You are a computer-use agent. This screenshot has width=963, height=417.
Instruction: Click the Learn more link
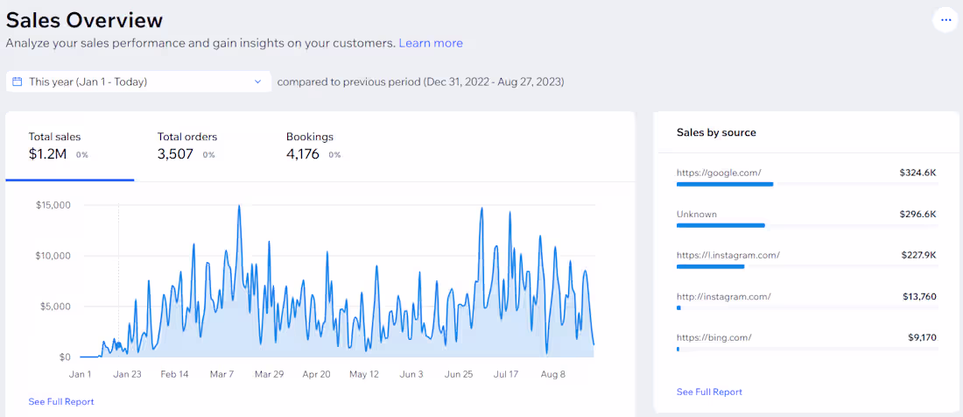pos(431,43)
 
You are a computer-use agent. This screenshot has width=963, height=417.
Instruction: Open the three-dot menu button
pos(945,20)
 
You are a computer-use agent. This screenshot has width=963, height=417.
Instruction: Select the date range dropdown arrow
pos(258,81)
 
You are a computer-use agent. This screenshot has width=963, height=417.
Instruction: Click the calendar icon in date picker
pos(18,81)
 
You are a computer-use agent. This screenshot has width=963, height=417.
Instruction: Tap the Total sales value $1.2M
pos(48,154)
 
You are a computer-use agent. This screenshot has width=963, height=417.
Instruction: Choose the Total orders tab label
pos(187,137)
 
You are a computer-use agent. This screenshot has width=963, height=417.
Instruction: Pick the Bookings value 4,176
pos(303,154)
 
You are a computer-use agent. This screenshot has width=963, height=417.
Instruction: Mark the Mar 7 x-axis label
pos(221,374)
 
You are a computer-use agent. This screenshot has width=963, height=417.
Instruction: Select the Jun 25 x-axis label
pos(458,374)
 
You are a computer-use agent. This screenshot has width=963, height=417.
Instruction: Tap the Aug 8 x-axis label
pos(552,374)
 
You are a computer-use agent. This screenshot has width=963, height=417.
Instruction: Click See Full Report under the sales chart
pos(60,401)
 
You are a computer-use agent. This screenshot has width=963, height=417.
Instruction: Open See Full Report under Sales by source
pos(709,392)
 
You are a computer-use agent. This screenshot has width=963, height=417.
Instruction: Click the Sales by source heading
pos(716,132)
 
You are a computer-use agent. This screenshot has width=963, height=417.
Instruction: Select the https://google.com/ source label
pos(719,173)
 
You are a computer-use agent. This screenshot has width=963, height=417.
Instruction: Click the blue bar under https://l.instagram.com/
pos(711,266)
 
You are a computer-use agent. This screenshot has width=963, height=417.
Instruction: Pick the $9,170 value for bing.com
pos(923,337)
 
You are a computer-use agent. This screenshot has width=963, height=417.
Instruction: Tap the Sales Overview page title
pos(84,20)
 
